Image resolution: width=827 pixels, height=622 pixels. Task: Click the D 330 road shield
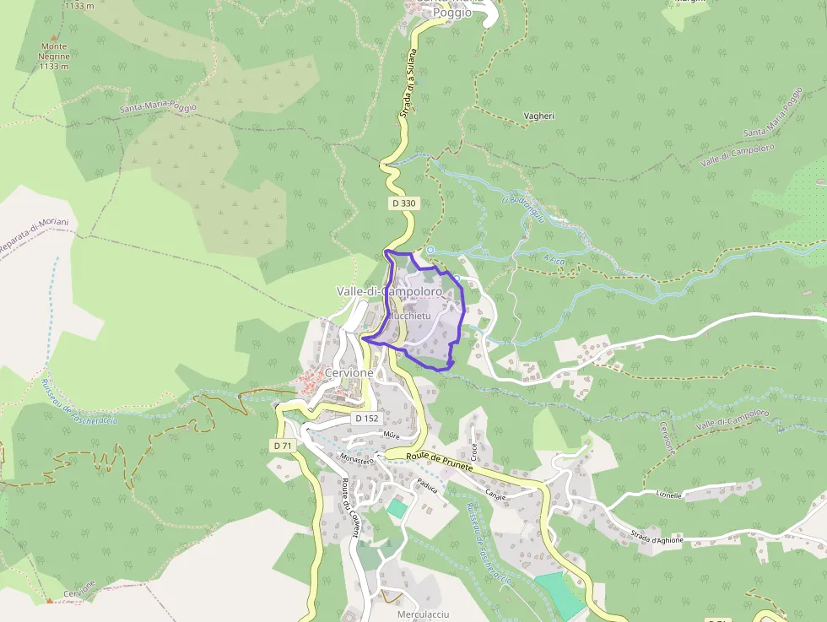(x=403, y=203)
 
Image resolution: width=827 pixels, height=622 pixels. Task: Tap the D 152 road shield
(x=366, y=418)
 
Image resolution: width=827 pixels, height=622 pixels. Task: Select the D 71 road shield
(x=283, y=445)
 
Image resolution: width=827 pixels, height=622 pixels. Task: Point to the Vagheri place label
(x=538, y=116)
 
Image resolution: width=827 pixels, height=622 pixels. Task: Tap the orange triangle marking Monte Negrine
(x=54, y=38)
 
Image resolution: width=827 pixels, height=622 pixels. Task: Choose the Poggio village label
(x=451, y=13)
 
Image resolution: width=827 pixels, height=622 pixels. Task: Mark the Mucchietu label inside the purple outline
(x=410, y=315)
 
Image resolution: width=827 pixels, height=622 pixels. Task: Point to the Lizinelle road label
(x=668, y=495)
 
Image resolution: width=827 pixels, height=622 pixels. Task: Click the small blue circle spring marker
(x=430, y=250)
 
